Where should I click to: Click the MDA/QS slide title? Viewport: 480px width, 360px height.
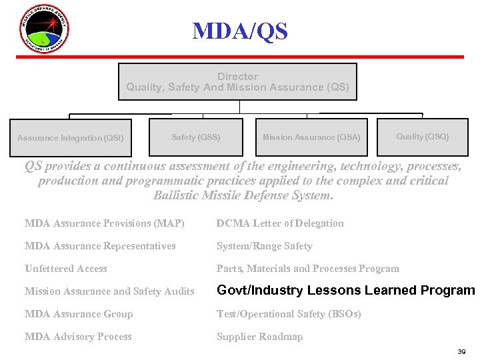(240, 31)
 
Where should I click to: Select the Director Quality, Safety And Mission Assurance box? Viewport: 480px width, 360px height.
(237, 82)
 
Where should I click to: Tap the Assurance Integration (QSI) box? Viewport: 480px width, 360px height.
(71, 138)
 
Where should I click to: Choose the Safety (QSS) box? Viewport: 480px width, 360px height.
(195, 137)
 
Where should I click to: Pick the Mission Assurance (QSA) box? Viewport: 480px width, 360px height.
(311, 137)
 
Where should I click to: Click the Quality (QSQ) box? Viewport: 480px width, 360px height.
(423, 137)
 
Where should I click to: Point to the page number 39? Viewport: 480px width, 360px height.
(462, 351)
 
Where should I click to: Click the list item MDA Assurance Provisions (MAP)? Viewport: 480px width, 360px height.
(104, 223)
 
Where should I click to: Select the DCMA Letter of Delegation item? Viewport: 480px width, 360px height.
(280, 223)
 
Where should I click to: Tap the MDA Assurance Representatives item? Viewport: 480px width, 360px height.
(100, 246)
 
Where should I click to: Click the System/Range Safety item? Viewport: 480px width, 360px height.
(264, 246)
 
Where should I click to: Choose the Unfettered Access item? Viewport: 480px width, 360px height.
(65, 269)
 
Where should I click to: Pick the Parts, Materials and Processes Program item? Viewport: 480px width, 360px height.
(307, 269)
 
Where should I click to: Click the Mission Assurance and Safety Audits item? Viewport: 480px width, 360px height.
(109, 291)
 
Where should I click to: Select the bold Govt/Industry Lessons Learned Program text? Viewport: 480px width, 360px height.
(345, 291)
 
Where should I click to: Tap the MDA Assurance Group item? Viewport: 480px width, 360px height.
(79, 314)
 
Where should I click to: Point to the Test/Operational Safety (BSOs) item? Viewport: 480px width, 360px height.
(289, 314)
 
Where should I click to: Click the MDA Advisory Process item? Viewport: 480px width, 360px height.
(78, 337)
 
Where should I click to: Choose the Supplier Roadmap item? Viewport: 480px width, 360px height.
(259, 337)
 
